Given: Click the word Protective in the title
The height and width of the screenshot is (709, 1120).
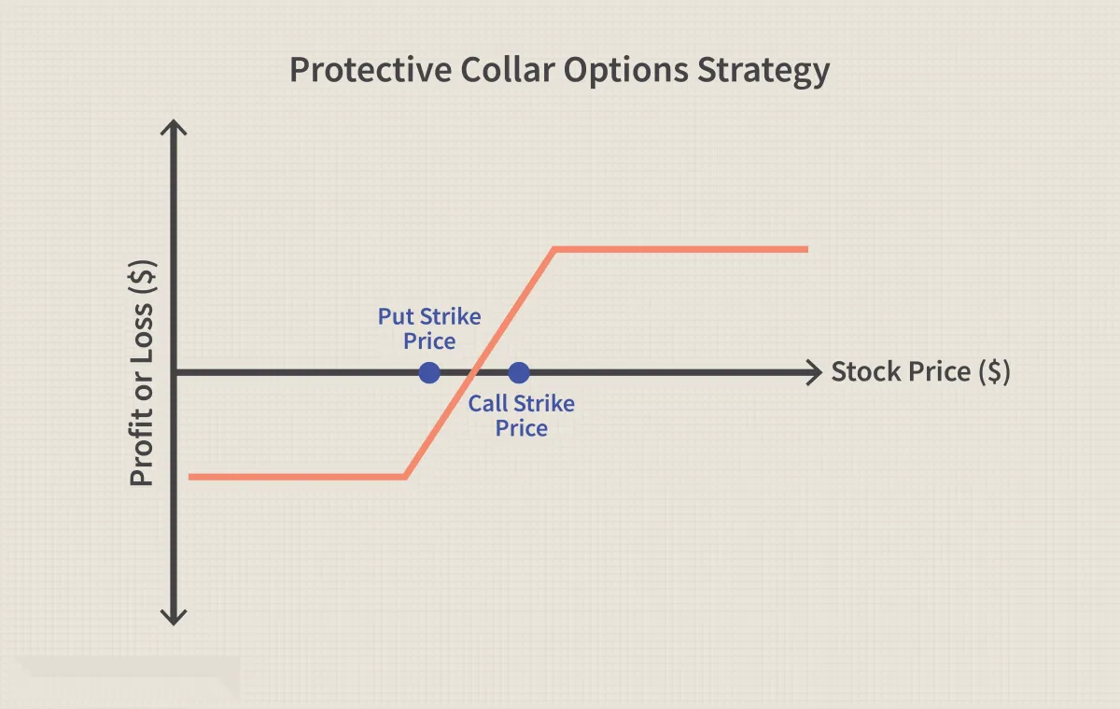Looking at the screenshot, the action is [371, 69].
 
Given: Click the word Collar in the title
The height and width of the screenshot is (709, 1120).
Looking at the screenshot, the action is [507, 69].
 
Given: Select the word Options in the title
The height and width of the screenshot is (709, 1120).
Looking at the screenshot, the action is [626, 71].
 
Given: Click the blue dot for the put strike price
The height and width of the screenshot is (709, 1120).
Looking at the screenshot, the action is [429, 373].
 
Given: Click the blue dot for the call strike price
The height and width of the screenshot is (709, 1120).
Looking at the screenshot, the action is [519, 373].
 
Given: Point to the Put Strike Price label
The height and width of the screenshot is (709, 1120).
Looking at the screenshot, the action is [429, 328].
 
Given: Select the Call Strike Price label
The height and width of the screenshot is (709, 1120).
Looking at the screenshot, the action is [521, 416].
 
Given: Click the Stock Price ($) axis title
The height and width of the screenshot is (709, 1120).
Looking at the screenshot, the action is [920, 372].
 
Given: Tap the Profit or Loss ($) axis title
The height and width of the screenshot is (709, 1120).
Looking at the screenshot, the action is [142, 373].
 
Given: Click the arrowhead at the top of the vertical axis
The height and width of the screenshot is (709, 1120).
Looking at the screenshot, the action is [174, 127].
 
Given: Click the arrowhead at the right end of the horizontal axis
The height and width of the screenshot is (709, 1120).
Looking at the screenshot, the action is [815, 373].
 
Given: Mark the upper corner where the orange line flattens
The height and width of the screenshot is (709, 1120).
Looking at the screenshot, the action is [554, 249].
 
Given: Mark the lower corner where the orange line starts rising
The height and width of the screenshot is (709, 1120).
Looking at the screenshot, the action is [405, 477].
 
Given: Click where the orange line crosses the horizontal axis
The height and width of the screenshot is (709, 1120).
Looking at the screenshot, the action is [472, 373].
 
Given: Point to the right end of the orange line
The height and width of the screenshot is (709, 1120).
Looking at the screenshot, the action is [807, 249].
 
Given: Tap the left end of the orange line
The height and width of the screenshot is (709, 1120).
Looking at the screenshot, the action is [189, 477].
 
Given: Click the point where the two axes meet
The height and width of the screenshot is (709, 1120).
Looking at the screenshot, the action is [174, 373].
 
